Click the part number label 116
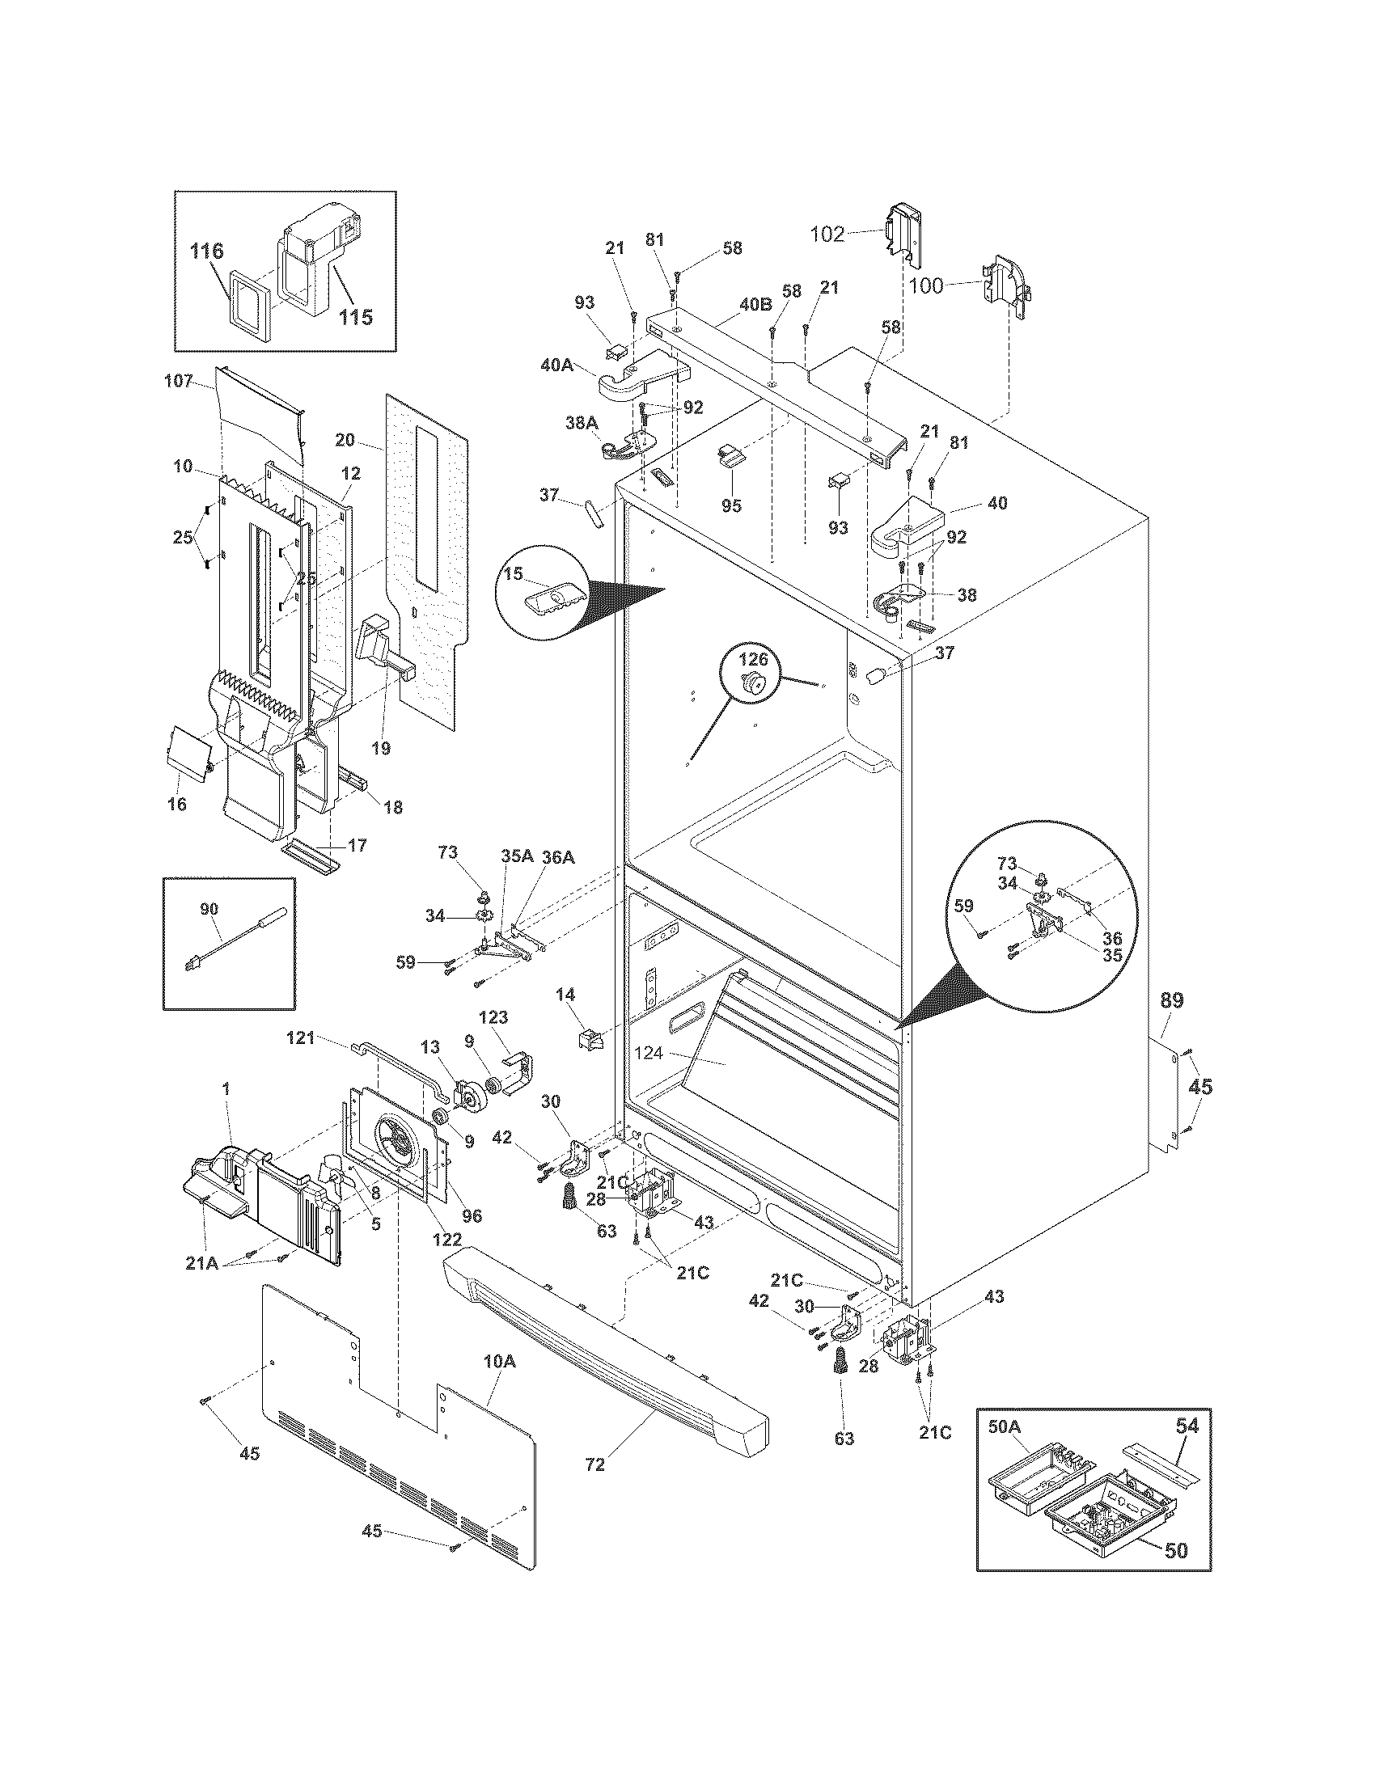206,251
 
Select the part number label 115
356,316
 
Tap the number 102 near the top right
828,235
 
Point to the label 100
926,285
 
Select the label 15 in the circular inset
513,573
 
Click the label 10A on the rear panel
499,1361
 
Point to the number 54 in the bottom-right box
1187,1426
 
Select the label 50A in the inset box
1004,1426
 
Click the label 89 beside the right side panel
1171,1000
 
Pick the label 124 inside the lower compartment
649,1053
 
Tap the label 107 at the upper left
179,380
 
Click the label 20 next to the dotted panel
345,440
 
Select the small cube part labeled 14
589,1039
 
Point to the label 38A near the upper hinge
582,423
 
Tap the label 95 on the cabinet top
731,505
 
